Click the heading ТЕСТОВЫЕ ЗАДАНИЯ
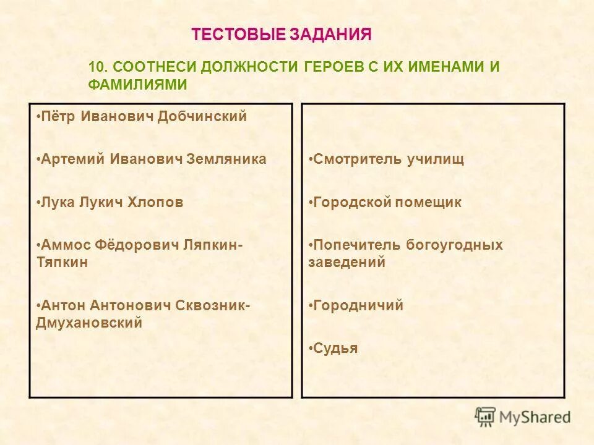point(282,35)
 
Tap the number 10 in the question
point(97,67)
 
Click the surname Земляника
point(228,159)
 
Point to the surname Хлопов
point(159,202)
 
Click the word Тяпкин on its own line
point(62,262)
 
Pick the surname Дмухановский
point(89,323)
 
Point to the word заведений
point(346,262)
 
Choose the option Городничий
point(358,305)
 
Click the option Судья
point(335,349)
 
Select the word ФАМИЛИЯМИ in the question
point(137,85)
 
